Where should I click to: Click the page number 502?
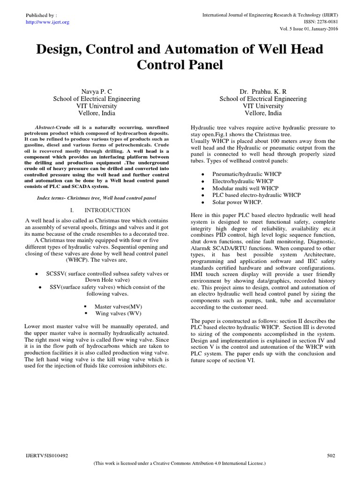pyautogui.click(x=331, y=455)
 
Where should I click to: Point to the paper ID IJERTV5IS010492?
pyautogui.click(x=45, y=455)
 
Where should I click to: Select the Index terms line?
pyautogui.click(x=96, y=198)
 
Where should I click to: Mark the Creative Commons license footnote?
pyautogui.click(x=180, y=463)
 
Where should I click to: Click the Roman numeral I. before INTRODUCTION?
pyautogui.click(x=72, y=210)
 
